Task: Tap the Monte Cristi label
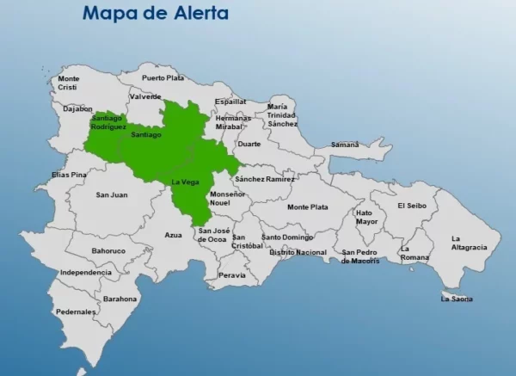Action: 68,83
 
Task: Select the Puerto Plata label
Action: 163,77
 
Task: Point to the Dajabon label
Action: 77,109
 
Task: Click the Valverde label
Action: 145,96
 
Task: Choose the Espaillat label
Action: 230,101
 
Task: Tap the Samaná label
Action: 345,145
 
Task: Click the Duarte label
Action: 249,144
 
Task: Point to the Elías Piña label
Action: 70,175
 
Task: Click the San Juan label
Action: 112,194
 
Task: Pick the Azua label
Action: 174,235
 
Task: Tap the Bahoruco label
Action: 109,251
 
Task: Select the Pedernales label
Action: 76,311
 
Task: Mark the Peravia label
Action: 231,275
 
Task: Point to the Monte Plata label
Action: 307,207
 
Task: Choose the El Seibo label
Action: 412,206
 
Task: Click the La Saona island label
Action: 457,299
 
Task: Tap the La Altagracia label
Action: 469,243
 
